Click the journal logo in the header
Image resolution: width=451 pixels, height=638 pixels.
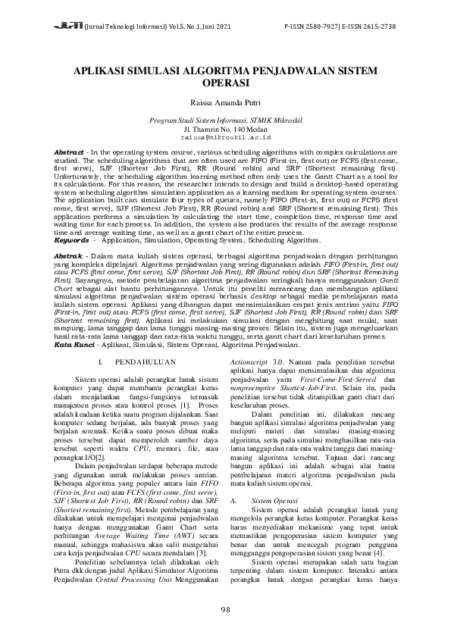click(x=63, y=25)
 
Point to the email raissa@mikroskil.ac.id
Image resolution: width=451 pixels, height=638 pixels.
click(x=225, y=139)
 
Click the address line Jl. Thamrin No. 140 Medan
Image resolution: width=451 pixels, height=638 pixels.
click(x=225, y=130)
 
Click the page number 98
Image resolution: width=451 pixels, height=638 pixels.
click(x=225, y=610)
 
